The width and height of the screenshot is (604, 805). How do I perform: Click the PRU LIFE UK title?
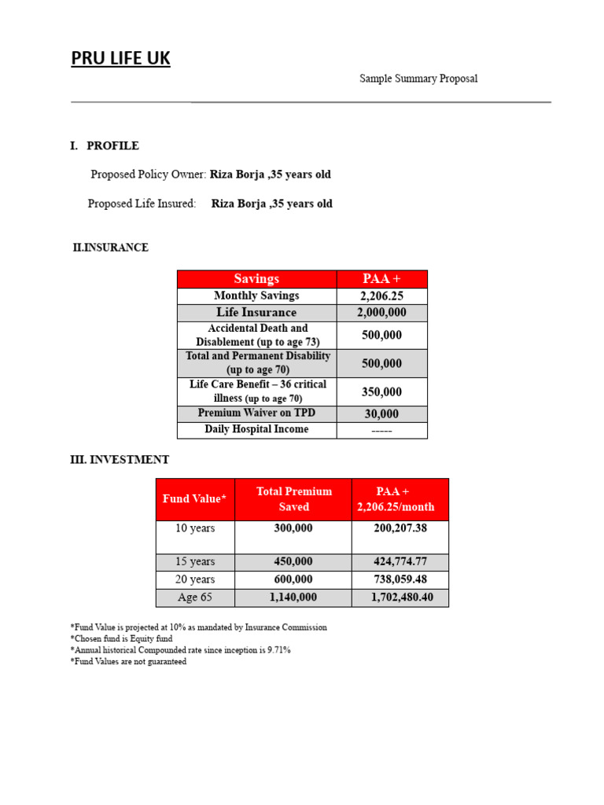pyautogui.click(x=120, y=58)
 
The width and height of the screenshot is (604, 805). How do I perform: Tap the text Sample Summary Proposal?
pyautogui.click(x=418, y=79)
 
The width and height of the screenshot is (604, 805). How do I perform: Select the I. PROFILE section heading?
pyautogui.click(x=105, y=145)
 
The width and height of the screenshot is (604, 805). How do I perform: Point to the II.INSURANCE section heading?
pyautogui.click(x=110, y=248)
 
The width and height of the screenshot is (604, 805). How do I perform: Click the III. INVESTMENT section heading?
pyautogui.click(x=120, y=460)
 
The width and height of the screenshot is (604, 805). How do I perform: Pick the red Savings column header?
pyautogui.click(x=256, y=279)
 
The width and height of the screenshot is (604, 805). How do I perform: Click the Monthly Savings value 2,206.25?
pyautogui.click(x=381, y=296)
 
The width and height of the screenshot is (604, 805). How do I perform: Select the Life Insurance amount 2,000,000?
pyautogui.click(x=381, y=313)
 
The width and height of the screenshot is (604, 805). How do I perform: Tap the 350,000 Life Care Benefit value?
pyautogui.click(x=381, y=391)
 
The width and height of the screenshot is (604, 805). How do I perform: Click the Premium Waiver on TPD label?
pyautogui.click(x=256, y=414)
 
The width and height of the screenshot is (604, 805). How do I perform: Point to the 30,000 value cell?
pyautogui.click(x=381, y=414)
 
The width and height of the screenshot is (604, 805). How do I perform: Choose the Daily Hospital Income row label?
pyautogui.click(x=256, y=430)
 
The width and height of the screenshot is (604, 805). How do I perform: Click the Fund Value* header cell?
pyautogui.click(x=194, y=499)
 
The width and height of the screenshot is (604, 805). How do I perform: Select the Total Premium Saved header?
pyautogui.click(x=293, y=499)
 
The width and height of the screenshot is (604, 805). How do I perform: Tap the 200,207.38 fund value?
pyautogui.click(x=400, y=528)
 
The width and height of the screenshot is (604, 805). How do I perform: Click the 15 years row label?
pyautogui.click(x=194, y=562)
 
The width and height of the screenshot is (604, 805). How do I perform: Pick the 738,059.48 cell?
pyautogui.click(x=400, y=579)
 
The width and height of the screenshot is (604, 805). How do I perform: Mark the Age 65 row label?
pyautogui.click(x=194, y=597)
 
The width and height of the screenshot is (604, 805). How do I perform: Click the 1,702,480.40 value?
pyautogui.click(x=400, y=597)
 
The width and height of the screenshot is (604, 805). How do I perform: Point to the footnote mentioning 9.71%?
pyautogui.click(x=181, y=650)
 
